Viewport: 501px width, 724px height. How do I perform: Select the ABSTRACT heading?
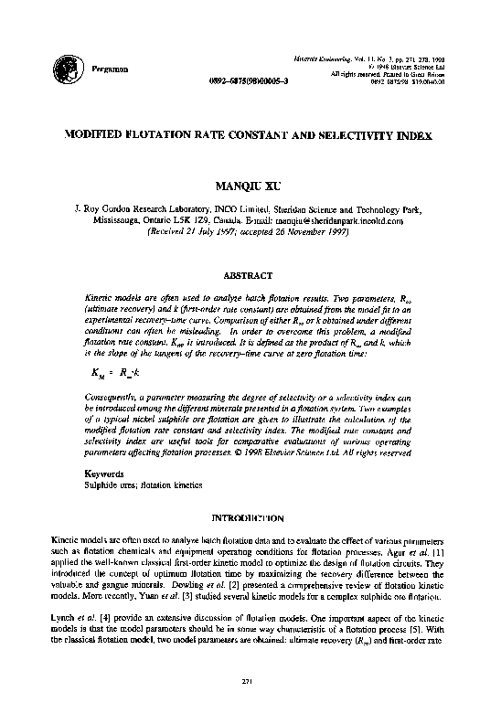(x=249, y=274)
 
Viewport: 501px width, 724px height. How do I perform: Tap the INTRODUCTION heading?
(x=249, y=517)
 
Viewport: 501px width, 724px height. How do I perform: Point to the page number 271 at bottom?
(x=249, y=681)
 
